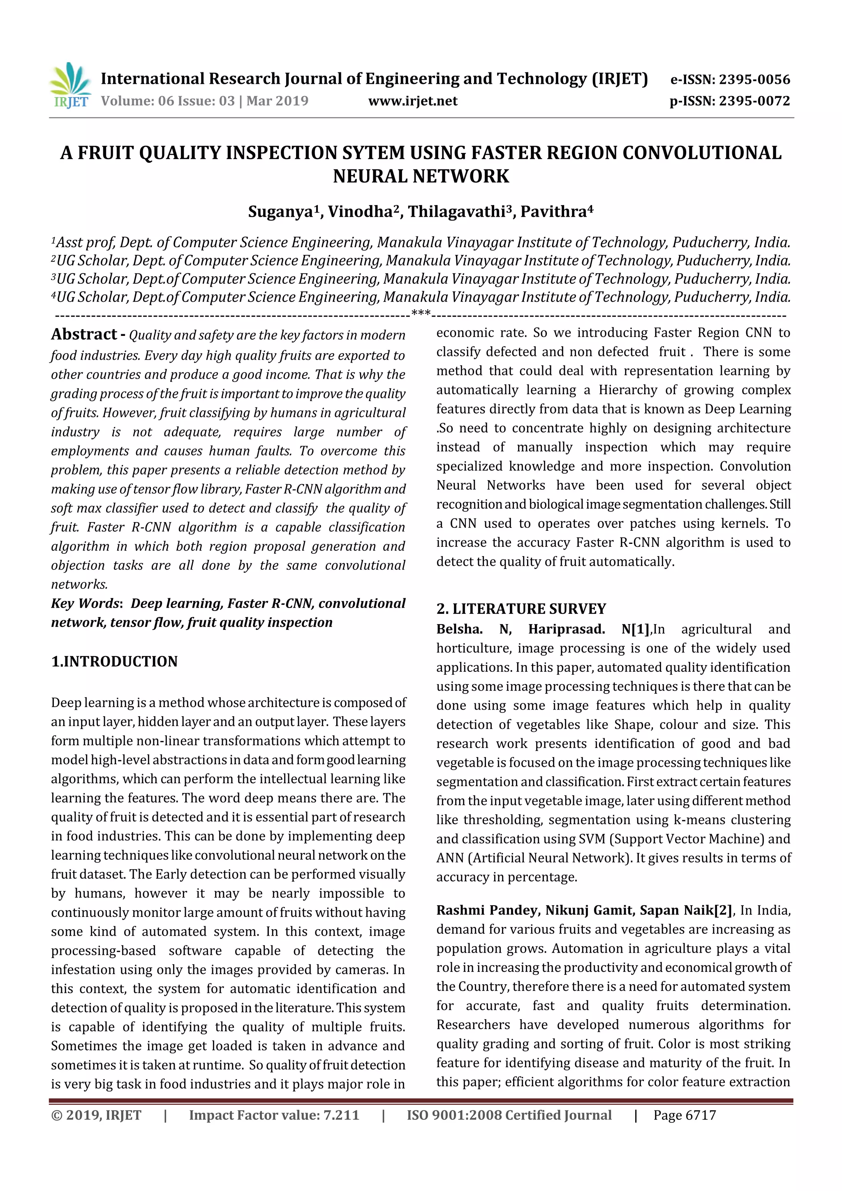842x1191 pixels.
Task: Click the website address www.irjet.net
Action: (x=412, y=101)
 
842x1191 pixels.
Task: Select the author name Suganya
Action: (x=281, y=212)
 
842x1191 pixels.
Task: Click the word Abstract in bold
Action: (x=84, y=335)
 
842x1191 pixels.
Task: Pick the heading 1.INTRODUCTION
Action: (x=114, y=661)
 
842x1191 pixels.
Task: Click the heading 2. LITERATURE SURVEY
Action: (x=521, y=608)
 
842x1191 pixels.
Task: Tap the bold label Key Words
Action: (x=86, y=603)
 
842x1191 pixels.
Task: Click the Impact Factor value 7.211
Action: (x=341, y=1115)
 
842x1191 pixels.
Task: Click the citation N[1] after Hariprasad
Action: (x=635, y=629)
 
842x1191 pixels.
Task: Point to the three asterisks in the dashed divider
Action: (x=420, y=313)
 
